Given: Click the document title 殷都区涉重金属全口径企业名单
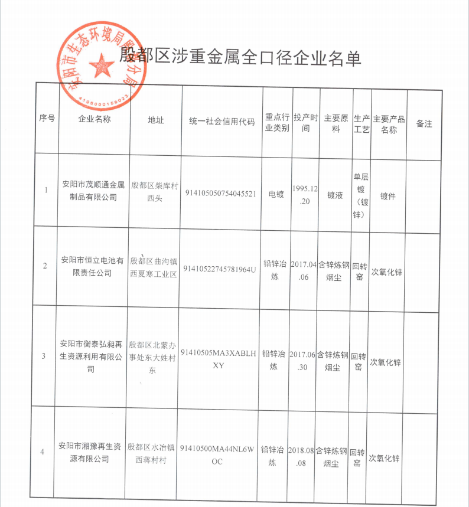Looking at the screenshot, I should pos(240,57).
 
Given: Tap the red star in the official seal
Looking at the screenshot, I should pos(102,64).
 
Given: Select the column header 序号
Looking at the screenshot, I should pos(47,117).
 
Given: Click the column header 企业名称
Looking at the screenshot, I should pos(94,118).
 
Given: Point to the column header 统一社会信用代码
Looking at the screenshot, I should pos(222,121).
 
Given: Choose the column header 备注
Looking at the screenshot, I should pos(424,124).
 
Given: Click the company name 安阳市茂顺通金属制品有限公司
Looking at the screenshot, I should pos(94,190).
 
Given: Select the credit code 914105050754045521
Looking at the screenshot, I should pos(221,194).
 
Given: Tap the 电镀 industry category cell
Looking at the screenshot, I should pos(277,194).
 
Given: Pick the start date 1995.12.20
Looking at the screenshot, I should pos(305,194).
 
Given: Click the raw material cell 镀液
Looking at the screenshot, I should pos(335,194).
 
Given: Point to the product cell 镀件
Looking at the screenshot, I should pos(388,194).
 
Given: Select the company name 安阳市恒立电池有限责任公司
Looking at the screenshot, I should pos(93,266).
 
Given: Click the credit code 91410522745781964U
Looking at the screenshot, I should pos(220,269).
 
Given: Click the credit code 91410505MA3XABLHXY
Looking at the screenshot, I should pos(219,359).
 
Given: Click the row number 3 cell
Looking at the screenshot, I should pos(43,356).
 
